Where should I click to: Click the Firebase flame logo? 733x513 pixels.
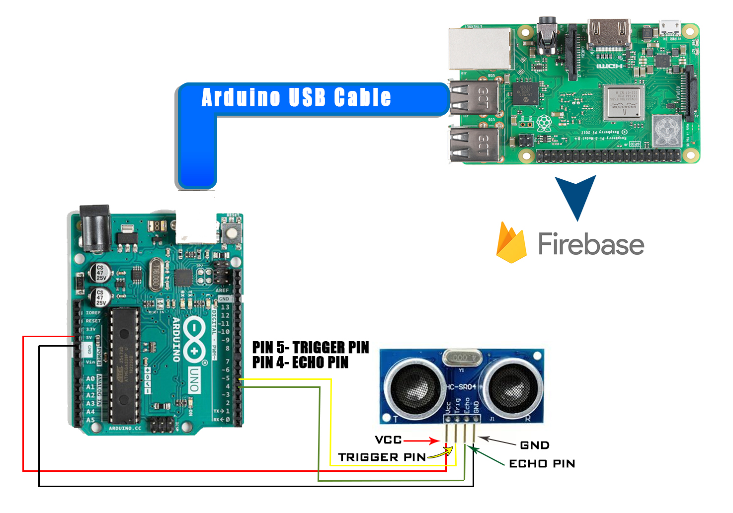[x=511, y=243]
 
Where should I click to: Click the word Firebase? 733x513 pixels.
[x=591, y=244]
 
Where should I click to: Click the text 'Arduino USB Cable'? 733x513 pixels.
[x=296, y=97]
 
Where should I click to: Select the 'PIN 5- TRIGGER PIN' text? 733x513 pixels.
[x=311, y=347]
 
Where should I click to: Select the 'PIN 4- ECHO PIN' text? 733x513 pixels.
[x=300, y=363]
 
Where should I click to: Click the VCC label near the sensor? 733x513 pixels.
[x=388, y=440]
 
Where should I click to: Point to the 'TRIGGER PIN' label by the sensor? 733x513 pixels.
[x=382, y=457]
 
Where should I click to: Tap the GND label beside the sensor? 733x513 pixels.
[x=535, y=445]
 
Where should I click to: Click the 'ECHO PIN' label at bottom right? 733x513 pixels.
[x=542, y=463]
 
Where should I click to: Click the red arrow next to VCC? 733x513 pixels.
[x=421, y=440]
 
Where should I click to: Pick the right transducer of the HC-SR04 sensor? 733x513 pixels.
[x=512, y=387]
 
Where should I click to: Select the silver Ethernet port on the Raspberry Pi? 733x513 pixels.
[x=480, y=48]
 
